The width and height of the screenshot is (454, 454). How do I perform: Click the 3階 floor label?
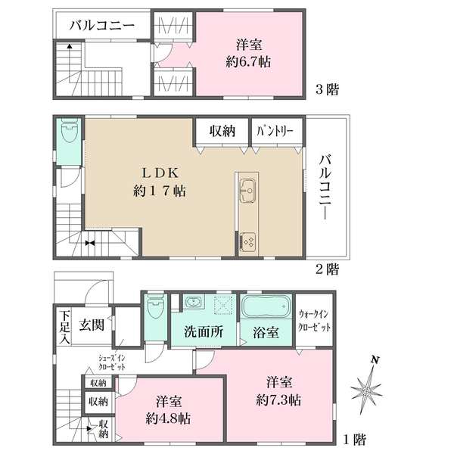click(x=327, y=89)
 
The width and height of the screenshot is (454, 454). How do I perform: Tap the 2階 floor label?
click(x=327, y=270)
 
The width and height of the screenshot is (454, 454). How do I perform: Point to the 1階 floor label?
click(x=355, y=440)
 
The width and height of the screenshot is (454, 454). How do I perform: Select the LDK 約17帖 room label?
click(x=160, y=182)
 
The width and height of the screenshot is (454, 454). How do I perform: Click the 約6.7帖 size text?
click(x=248, y=62)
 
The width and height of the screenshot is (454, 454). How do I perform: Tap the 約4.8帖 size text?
click(x=168, y=418)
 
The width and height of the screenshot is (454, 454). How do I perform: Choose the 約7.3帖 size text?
click(x=278, y=400)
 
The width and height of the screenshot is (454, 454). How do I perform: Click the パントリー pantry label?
click(x=275, y=132)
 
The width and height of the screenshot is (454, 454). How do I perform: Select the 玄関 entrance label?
click(x=92, y=325)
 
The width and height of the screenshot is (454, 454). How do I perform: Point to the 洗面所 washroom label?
click(x=204, y=332)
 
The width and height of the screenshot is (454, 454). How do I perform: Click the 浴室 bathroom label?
click(x=266, y=332)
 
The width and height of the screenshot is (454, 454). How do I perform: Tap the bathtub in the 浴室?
click(x=266, y=306)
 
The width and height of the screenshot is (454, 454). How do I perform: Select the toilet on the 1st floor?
click(x=156, y=306)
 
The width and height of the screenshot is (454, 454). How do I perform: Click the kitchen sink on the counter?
click(x=247, y=191)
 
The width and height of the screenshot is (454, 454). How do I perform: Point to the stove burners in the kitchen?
click(x=248, y=242)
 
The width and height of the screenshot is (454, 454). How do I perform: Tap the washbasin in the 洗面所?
click(x=193, y=302)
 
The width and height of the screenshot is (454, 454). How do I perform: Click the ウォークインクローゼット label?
click(x=315, y=321)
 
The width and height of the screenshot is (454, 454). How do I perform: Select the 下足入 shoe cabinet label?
click(x=64, y=327)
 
